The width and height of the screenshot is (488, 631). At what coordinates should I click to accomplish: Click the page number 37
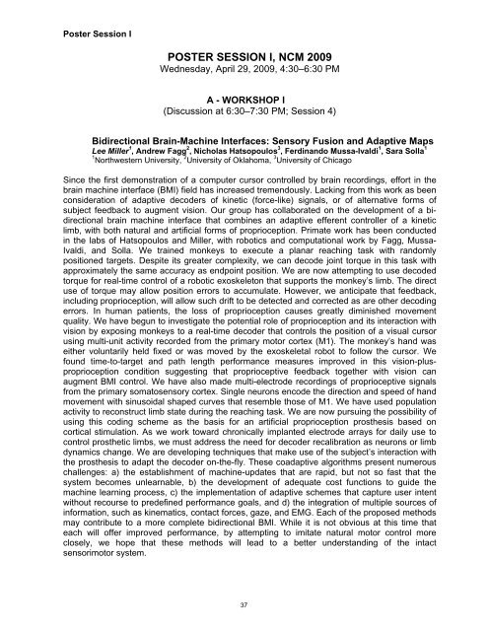[x=244, y=602]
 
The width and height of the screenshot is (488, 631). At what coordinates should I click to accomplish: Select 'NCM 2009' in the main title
[x=298, y=57]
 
